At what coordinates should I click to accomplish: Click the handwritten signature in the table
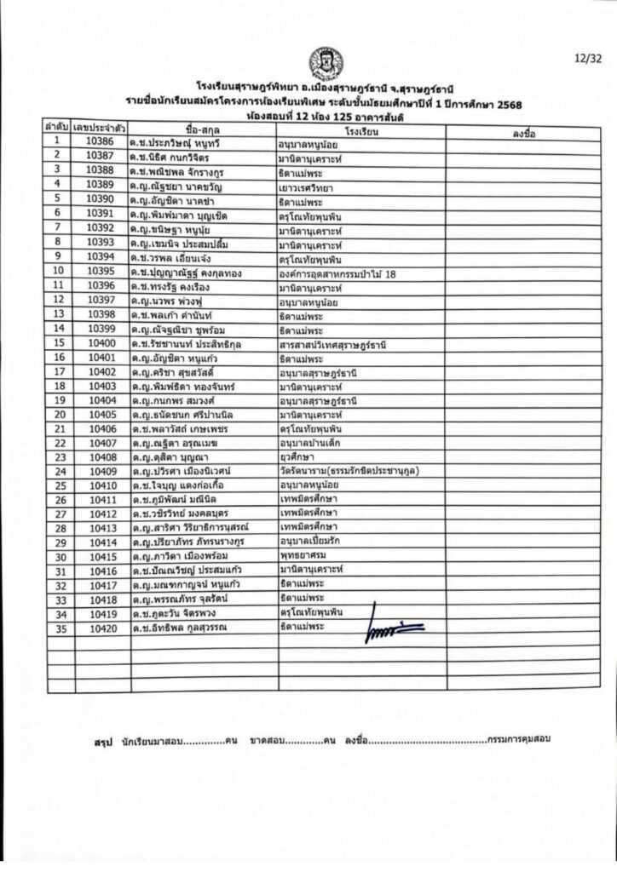coord(394,628)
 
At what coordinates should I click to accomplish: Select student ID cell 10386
coord(100,141)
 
